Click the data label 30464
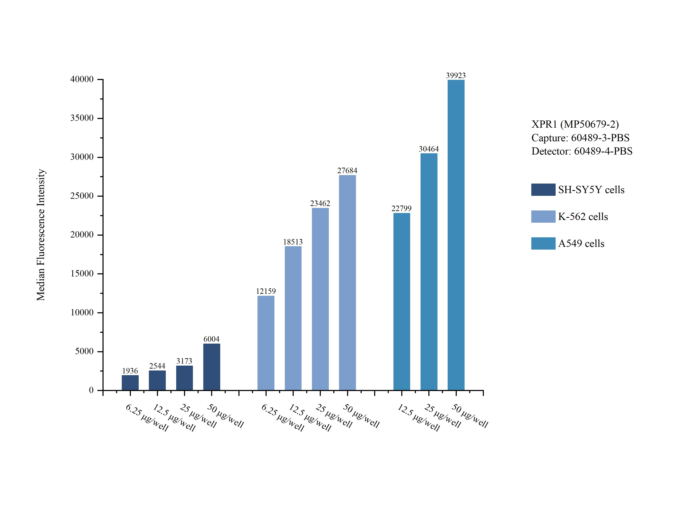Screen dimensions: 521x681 click(429, 149)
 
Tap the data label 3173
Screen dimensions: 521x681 click(184, 361)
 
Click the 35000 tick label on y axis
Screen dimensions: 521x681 click(82, 118)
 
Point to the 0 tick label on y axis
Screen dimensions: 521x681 click(91, 390)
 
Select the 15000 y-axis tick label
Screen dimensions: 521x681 click(82, 274)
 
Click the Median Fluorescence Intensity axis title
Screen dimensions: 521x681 click(41, 235)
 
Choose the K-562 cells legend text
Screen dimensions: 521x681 click(583, 216)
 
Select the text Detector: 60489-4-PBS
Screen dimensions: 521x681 click(582, 151)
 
